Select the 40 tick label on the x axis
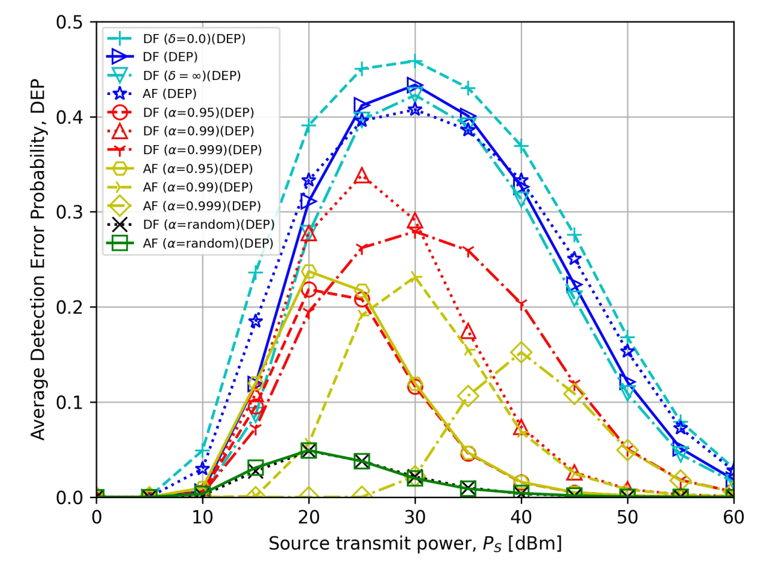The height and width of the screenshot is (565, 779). coord(521,517)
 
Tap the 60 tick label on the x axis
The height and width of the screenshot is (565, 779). coord(733,517)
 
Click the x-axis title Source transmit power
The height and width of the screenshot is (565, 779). coord(415,543)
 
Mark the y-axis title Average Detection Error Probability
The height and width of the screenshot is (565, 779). coord(39,259)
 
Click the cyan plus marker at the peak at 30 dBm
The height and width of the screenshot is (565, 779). coord(415,62)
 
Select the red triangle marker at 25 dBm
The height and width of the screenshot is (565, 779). coord(362,176)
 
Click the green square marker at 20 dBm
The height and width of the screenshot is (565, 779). coord(309,450)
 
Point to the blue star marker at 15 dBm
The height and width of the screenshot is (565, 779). coord(256,321)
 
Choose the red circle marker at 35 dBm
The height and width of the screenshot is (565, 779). coord(468,454)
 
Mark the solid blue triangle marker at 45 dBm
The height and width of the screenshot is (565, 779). coord(574,285)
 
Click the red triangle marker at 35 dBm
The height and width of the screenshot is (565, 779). coord(468,332)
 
